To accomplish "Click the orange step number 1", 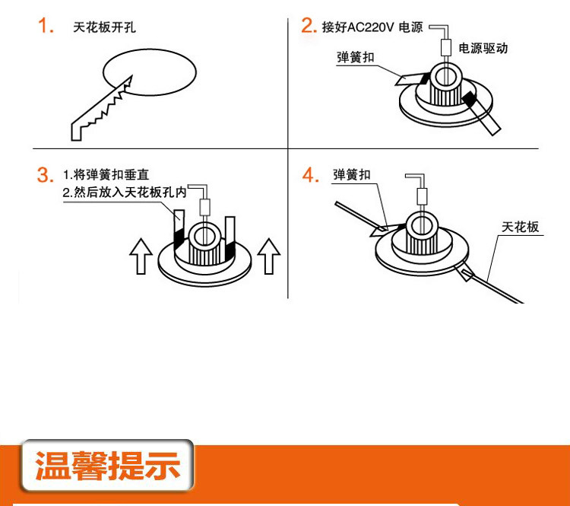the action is (x=46, y=26).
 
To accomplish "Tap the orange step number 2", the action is (x=309, y=25).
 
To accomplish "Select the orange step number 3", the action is (x=45, y=175).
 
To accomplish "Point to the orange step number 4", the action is (x=310, y=175).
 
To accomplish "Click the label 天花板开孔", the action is (x=104, y=27).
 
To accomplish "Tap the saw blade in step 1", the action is (x=102, y=108).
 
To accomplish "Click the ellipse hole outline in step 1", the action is (x=150, y=50).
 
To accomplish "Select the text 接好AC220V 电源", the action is (x=372, y=27).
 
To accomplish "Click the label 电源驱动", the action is (x=483, y=48).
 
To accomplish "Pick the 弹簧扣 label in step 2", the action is (x=356, y=58).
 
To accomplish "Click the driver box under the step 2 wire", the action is (x=445, y=47).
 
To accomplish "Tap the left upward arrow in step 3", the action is (x=141, y=256).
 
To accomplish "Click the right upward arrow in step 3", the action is (x=268, y=256).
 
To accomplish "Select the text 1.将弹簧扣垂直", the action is (x=106, y=175).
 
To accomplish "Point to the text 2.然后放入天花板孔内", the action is (x=125, y=193).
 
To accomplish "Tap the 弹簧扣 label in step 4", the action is (x=352, y=175).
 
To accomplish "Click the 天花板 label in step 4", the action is (x=520, y=228).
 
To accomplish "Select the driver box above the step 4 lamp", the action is (x=422, y=196).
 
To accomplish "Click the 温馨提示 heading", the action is (x=108, y=466).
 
